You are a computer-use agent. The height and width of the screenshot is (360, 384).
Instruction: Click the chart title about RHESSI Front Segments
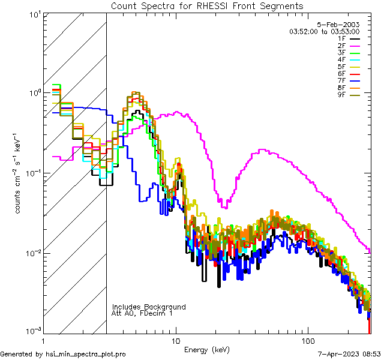(x=207, y=6)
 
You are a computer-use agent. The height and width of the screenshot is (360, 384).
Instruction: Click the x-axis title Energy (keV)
(x=207, y=350)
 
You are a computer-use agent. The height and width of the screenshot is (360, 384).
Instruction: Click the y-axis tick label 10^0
(x=34, y=94)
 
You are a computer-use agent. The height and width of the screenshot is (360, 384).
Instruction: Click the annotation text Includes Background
(x=149, y=307)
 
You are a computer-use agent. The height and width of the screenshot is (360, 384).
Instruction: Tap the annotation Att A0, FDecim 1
(x=142, y=313)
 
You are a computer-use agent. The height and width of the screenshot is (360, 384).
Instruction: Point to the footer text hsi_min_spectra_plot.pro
(x=86, y=355)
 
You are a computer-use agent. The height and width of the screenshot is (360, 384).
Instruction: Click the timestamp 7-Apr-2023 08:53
(x=347, y=355)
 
